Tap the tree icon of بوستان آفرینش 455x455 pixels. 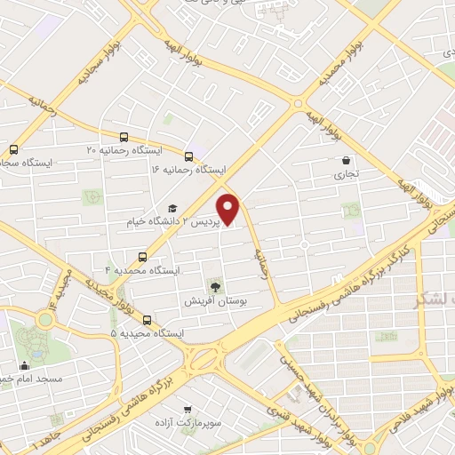pyautogui.click(x=213, y=285)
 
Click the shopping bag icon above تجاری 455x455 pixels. pyautogui.click(x=344, y=161)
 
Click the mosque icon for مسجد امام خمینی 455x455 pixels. pyautogui.click(x=26, y=365)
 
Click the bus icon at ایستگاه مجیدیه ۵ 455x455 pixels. pyautogui.click(x=147, y=320)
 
